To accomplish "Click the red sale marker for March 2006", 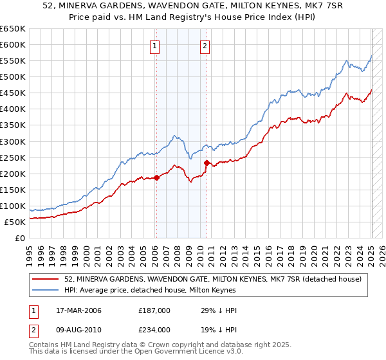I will [x=156, y=177].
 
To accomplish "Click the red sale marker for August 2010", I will [x=207, y=163].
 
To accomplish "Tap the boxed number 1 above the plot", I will [x=156, y=46].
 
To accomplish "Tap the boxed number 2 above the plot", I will [x=205, y=46].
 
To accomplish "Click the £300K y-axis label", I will [x=13, y=141].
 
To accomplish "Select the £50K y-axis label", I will [x=15, y=222].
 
